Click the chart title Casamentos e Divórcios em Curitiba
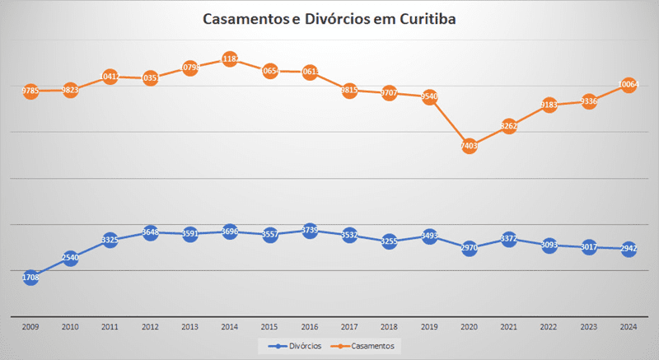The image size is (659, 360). point(329,20)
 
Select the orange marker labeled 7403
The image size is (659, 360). point(469,145)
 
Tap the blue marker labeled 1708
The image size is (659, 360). point(30,278)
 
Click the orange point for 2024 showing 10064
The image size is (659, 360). point(628,84)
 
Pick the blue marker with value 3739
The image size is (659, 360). point(310,231)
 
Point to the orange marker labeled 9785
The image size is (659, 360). point(30,91)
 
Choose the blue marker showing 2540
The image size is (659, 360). point(70,258)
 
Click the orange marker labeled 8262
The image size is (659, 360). point(508,126)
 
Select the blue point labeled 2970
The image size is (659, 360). point(469,247)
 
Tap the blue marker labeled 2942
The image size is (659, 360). point(628,248)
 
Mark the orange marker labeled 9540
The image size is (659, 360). point(428,96)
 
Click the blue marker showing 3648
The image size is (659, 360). point(150,232)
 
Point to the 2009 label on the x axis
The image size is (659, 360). point(30,327)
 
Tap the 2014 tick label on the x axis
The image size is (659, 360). point(230,327)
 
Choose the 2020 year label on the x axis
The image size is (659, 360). point(469,327)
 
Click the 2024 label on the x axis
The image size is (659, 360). point(628,327)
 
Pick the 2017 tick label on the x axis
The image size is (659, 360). point(349,327)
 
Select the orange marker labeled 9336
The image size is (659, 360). point(588,101)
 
